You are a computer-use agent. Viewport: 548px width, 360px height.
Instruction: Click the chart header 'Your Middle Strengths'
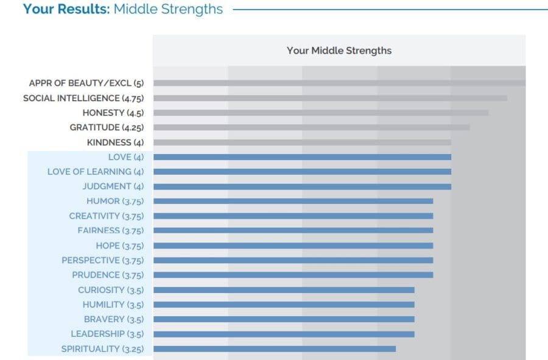(339, 51)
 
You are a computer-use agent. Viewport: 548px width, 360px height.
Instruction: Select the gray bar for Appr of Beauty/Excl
(339, 83)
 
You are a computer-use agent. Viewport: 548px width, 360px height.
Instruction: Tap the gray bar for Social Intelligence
(330, 98)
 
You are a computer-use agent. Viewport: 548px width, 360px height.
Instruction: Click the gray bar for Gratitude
(311, 127)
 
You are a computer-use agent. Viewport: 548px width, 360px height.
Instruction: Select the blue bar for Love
(302, 157)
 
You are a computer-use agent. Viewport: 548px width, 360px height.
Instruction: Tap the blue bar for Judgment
(302, 186)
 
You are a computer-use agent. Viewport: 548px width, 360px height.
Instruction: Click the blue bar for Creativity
(293, 216)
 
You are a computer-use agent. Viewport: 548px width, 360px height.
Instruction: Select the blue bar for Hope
(293, 245)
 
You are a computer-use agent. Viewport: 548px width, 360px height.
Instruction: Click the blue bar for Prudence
(293, 275)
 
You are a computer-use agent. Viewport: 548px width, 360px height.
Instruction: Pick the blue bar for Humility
(284, 305)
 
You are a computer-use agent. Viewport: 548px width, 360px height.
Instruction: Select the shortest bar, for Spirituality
(275, 349)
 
